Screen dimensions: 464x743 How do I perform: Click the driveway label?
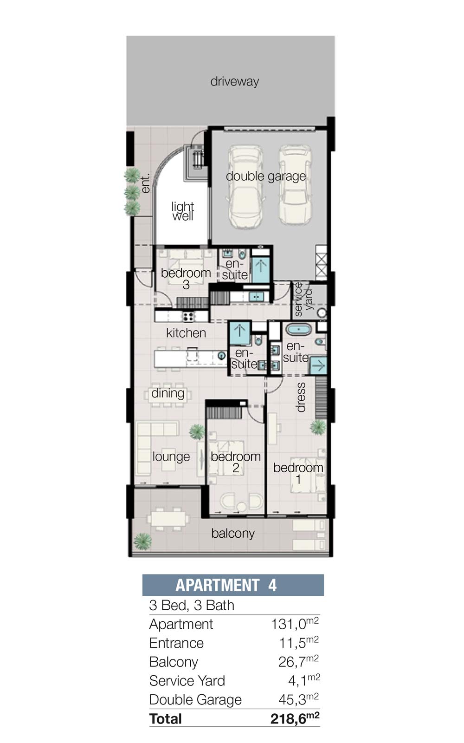[235, 82]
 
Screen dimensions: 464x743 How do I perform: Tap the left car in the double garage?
[245, 186]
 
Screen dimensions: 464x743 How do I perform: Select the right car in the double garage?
[295, 184]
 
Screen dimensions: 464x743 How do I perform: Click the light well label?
[183, 211]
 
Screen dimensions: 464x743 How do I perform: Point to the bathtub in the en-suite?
[299, 329]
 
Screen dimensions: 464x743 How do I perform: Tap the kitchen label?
[186, 332]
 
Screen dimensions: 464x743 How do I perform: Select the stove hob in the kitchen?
[188, 316]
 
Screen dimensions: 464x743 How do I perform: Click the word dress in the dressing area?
[301, 397]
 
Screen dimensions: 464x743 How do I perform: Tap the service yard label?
[303, 299]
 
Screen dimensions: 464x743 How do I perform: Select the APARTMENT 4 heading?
[226, 585]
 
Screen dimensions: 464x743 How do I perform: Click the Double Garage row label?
[195, 699]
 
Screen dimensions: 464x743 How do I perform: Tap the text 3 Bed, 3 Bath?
[192, 606]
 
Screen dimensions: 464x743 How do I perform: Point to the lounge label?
[171, 456]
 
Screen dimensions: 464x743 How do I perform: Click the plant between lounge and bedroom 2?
[197, 431]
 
